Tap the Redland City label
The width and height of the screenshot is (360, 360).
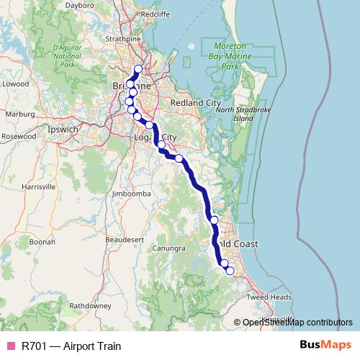194,104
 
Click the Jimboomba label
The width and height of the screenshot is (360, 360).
131,194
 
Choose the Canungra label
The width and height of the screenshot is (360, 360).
168,248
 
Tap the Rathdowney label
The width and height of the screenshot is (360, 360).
90,305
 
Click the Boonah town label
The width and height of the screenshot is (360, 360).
42,243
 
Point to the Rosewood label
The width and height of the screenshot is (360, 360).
19,135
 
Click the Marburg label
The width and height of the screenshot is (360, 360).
19,113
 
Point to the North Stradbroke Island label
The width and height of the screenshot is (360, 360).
235,114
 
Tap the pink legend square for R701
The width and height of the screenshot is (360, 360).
10,346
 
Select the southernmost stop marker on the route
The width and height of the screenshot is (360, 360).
230,271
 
